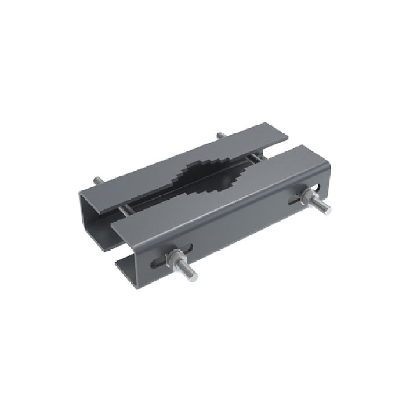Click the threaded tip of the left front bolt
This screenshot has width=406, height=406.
[190, 277]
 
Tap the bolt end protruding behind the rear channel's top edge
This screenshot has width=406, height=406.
[220, 136]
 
